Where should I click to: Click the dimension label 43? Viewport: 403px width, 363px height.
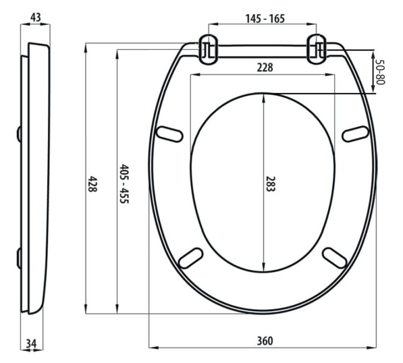tap(35, 18)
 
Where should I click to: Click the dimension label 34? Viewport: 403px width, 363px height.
tap(31, 344)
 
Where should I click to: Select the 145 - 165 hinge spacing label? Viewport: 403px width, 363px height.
tap(265, 18)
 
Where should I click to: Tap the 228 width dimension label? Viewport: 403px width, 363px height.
tap(265, 68)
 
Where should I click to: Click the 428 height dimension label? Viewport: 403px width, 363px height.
tap(92, 184)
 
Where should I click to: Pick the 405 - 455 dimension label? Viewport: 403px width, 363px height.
tap(125, 184)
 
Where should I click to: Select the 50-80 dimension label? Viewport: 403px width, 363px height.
tap(380, 72)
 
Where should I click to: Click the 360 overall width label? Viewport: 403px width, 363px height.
tap(265, 341)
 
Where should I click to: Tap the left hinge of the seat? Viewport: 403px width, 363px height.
tap(208, 49)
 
